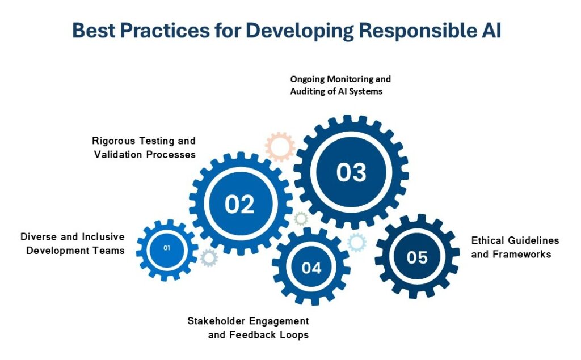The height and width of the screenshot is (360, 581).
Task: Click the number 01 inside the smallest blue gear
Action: click(167, 248)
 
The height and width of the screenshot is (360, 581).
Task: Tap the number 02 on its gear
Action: click(239, 204)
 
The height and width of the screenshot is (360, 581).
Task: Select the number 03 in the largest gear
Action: click(351, 172)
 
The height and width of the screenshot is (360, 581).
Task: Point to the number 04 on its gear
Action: click(311, 268)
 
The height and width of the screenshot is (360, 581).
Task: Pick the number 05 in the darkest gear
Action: click(417, 257)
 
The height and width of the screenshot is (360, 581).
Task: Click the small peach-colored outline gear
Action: click(280, 147)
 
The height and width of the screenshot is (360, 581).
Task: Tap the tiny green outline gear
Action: click(301, 218)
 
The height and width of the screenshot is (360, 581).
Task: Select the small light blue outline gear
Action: click(357, 243)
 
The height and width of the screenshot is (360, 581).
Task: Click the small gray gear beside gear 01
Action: click(209, 258)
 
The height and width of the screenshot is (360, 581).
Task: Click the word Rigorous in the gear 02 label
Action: click(113, 141)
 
